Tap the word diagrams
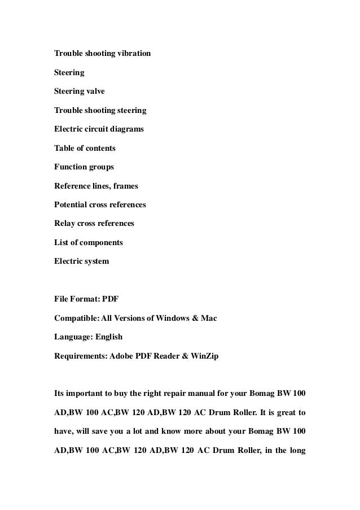126,129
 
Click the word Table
64,148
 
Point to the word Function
71,167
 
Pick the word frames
125,186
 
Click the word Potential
71,204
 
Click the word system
95,261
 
